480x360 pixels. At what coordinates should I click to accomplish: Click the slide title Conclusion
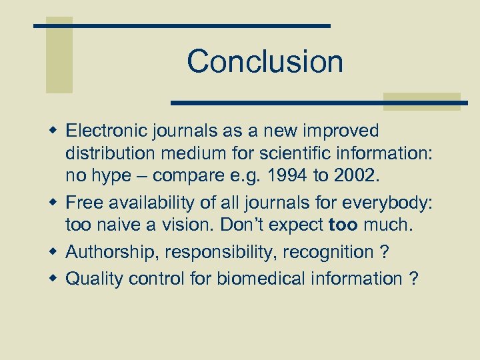(265, 61)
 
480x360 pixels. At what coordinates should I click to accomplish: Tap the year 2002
(361, 176)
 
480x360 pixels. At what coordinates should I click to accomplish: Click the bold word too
(344, 225)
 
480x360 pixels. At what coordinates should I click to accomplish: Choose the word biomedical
(257, 278)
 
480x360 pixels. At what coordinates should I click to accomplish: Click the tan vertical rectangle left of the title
(59, 55)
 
